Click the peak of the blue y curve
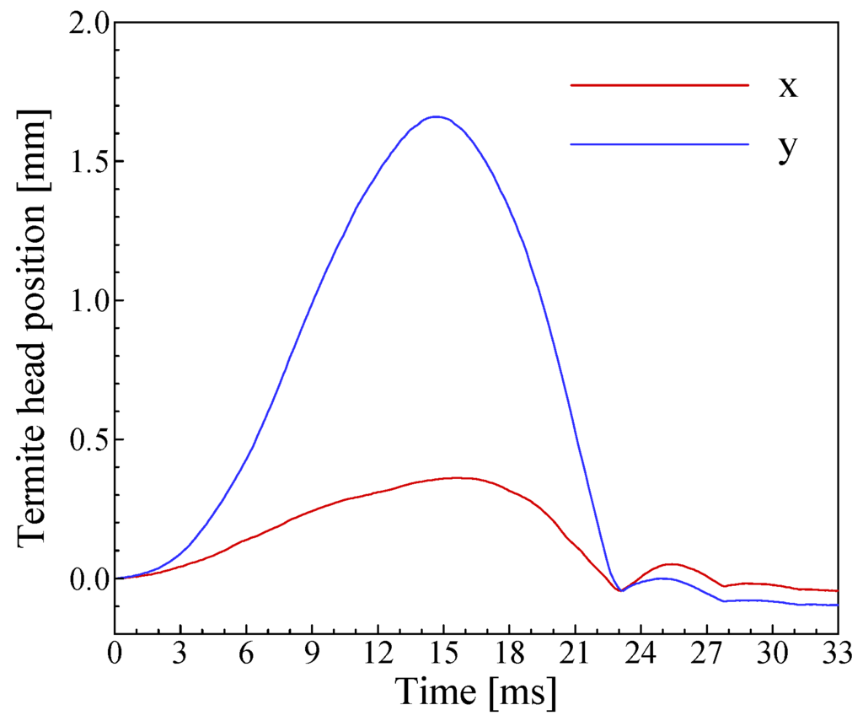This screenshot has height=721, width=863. (x=435, y=116)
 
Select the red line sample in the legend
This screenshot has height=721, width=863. (x=659, y=85)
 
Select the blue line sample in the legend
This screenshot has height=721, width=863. (x=659, y=144)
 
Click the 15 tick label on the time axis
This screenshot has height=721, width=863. (x=443, y=654)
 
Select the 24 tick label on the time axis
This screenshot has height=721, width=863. (x=641, y=654)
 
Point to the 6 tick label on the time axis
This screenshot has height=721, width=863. (x=246, y=654)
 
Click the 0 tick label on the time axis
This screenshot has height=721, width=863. (x=115, y=654)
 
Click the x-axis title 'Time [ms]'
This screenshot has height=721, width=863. (x=476, y=693)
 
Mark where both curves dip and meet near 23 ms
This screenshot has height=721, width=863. (x=620, y=590)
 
